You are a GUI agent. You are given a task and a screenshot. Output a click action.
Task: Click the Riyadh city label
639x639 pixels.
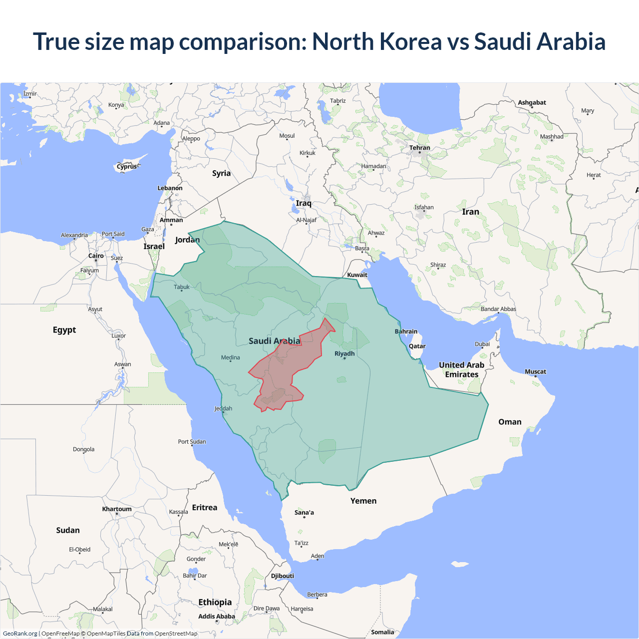pos(344,353)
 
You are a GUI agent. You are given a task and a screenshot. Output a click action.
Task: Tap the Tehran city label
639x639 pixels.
pos(419,148)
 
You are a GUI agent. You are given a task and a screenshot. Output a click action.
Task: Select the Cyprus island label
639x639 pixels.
pos(127,167)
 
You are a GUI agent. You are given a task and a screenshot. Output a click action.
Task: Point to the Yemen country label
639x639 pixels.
pos(363,501)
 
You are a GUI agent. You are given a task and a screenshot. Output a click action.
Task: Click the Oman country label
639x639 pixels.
pos(510,422)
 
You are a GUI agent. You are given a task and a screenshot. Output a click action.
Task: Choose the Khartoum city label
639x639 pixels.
pos(117,509)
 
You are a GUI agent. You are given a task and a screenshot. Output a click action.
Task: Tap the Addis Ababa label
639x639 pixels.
pos(216,617)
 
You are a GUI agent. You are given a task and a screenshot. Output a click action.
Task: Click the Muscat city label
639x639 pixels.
pos(535,371)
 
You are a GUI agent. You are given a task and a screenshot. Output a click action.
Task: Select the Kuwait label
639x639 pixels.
pos(357,275)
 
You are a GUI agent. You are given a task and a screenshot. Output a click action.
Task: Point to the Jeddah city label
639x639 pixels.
pos(223,408)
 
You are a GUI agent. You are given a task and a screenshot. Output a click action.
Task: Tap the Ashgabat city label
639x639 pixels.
pos(532,102)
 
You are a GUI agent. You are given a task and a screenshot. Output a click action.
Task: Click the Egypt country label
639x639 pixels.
pos(64,330)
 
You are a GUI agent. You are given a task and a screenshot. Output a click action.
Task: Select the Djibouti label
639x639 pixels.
pos(283,576)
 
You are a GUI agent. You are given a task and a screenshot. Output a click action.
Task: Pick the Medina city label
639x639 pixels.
pos(230,357)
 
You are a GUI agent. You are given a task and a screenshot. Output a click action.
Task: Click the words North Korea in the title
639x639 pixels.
pos(377,41)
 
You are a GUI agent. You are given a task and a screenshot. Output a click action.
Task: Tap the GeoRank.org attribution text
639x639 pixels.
pos(20,634)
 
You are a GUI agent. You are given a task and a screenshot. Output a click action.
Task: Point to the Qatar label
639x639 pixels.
pos(417,346)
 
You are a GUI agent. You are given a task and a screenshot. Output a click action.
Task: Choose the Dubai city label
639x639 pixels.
pos(482,344)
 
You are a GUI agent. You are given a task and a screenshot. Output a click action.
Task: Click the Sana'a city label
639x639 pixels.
pos(304,513)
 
